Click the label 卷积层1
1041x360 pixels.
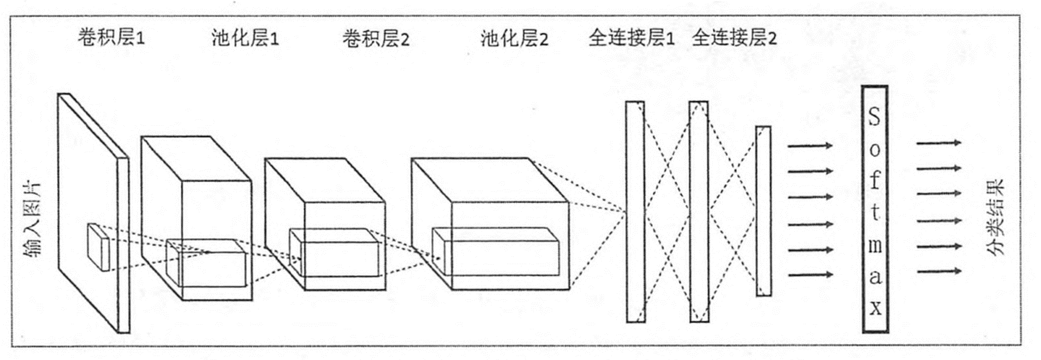111,38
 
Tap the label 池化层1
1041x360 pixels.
245,38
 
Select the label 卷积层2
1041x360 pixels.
376,39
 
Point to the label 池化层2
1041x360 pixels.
514,38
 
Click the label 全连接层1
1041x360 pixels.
631,38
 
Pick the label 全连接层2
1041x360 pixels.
734,38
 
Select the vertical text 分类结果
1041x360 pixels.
996,217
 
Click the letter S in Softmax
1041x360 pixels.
874,118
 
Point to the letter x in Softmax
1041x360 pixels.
875,308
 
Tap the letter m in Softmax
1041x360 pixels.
875,245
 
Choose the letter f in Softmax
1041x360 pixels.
874,181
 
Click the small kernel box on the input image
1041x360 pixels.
98,247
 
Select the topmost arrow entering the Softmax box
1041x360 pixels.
810,145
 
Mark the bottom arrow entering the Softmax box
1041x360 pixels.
810,274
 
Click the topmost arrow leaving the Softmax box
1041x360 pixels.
939,143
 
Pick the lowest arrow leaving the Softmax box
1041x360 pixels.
939,271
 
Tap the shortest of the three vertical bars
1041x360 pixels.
763,211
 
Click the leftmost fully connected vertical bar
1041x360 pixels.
635,211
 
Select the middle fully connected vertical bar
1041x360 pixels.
699,211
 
